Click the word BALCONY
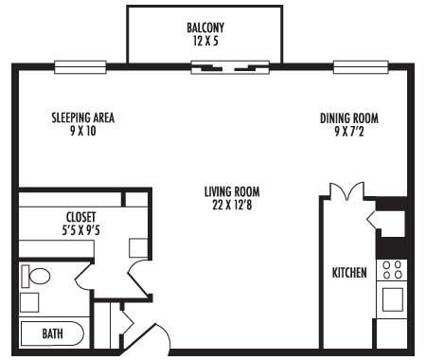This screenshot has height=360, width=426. [205, 27]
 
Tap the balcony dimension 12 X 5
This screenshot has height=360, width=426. [205, 41]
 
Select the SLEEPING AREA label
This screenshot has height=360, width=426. [83, 118]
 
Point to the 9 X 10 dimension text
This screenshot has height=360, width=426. [83, 132]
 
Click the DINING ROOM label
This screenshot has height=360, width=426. [349, 118]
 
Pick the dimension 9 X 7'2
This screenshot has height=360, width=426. [349, 132]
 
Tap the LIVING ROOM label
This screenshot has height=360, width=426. [232, 192]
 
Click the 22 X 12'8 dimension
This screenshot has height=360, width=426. [232, 206]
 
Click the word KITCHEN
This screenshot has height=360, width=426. [349, 273]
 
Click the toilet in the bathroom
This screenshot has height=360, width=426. [38, 277]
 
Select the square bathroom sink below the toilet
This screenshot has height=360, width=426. [30, 302]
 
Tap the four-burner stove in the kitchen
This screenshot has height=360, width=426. [392, 269]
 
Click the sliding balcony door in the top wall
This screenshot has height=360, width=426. [232, 67]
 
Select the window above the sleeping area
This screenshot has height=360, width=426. [80, 67]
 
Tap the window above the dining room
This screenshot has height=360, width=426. [361, 67]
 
